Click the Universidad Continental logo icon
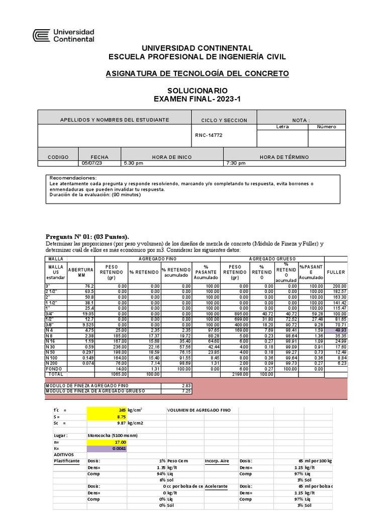tap(42, 35)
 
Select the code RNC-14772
tap(209, 135)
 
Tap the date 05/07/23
tap(92, 163)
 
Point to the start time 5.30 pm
tap(133, 163)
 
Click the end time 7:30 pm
tap(235, 163)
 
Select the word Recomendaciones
tap(73, 178)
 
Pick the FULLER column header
tap(336, 272)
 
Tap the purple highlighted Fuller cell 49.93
tap(336, 330)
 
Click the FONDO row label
tap(54, 369)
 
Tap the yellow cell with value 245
tap(107, 410)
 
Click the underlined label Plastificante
tap(67, 460)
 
